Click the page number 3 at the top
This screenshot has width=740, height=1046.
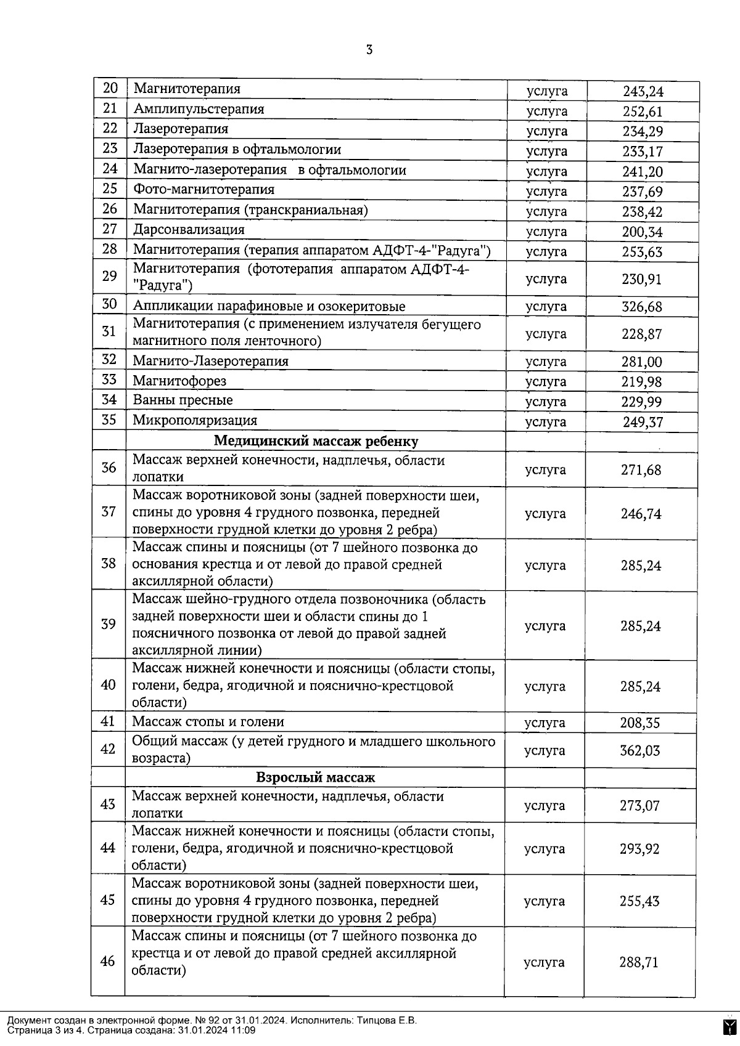[369, 50]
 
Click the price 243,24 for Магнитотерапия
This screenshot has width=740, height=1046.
[643, 92]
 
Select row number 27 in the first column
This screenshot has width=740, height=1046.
[110, 229]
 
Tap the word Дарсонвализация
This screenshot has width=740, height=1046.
[189, 230]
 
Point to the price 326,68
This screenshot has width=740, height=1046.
[642, 307]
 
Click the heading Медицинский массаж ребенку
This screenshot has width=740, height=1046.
[316, 441]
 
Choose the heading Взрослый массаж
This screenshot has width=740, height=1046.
[315, 777]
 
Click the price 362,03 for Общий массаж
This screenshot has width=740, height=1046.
[640, 750]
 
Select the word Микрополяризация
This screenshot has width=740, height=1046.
[195, 421]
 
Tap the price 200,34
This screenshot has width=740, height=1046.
[642, 232]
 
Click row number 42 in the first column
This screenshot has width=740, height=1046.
[108, 749]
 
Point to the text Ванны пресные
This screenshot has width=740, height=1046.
[183, 400]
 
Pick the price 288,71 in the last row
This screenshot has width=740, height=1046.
[639, 962]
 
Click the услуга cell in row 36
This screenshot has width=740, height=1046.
[545, 470]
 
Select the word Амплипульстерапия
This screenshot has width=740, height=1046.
[199, 109]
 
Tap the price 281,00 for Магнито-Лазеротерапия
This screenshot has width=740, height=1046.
[642, 362]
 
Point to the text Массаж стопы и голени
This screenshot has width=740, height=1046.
[208, 722]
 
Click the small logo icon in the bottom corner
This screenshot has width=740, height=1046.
[730, 1026]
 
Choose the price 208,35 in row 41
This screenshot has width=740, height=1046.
[640, 723]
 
